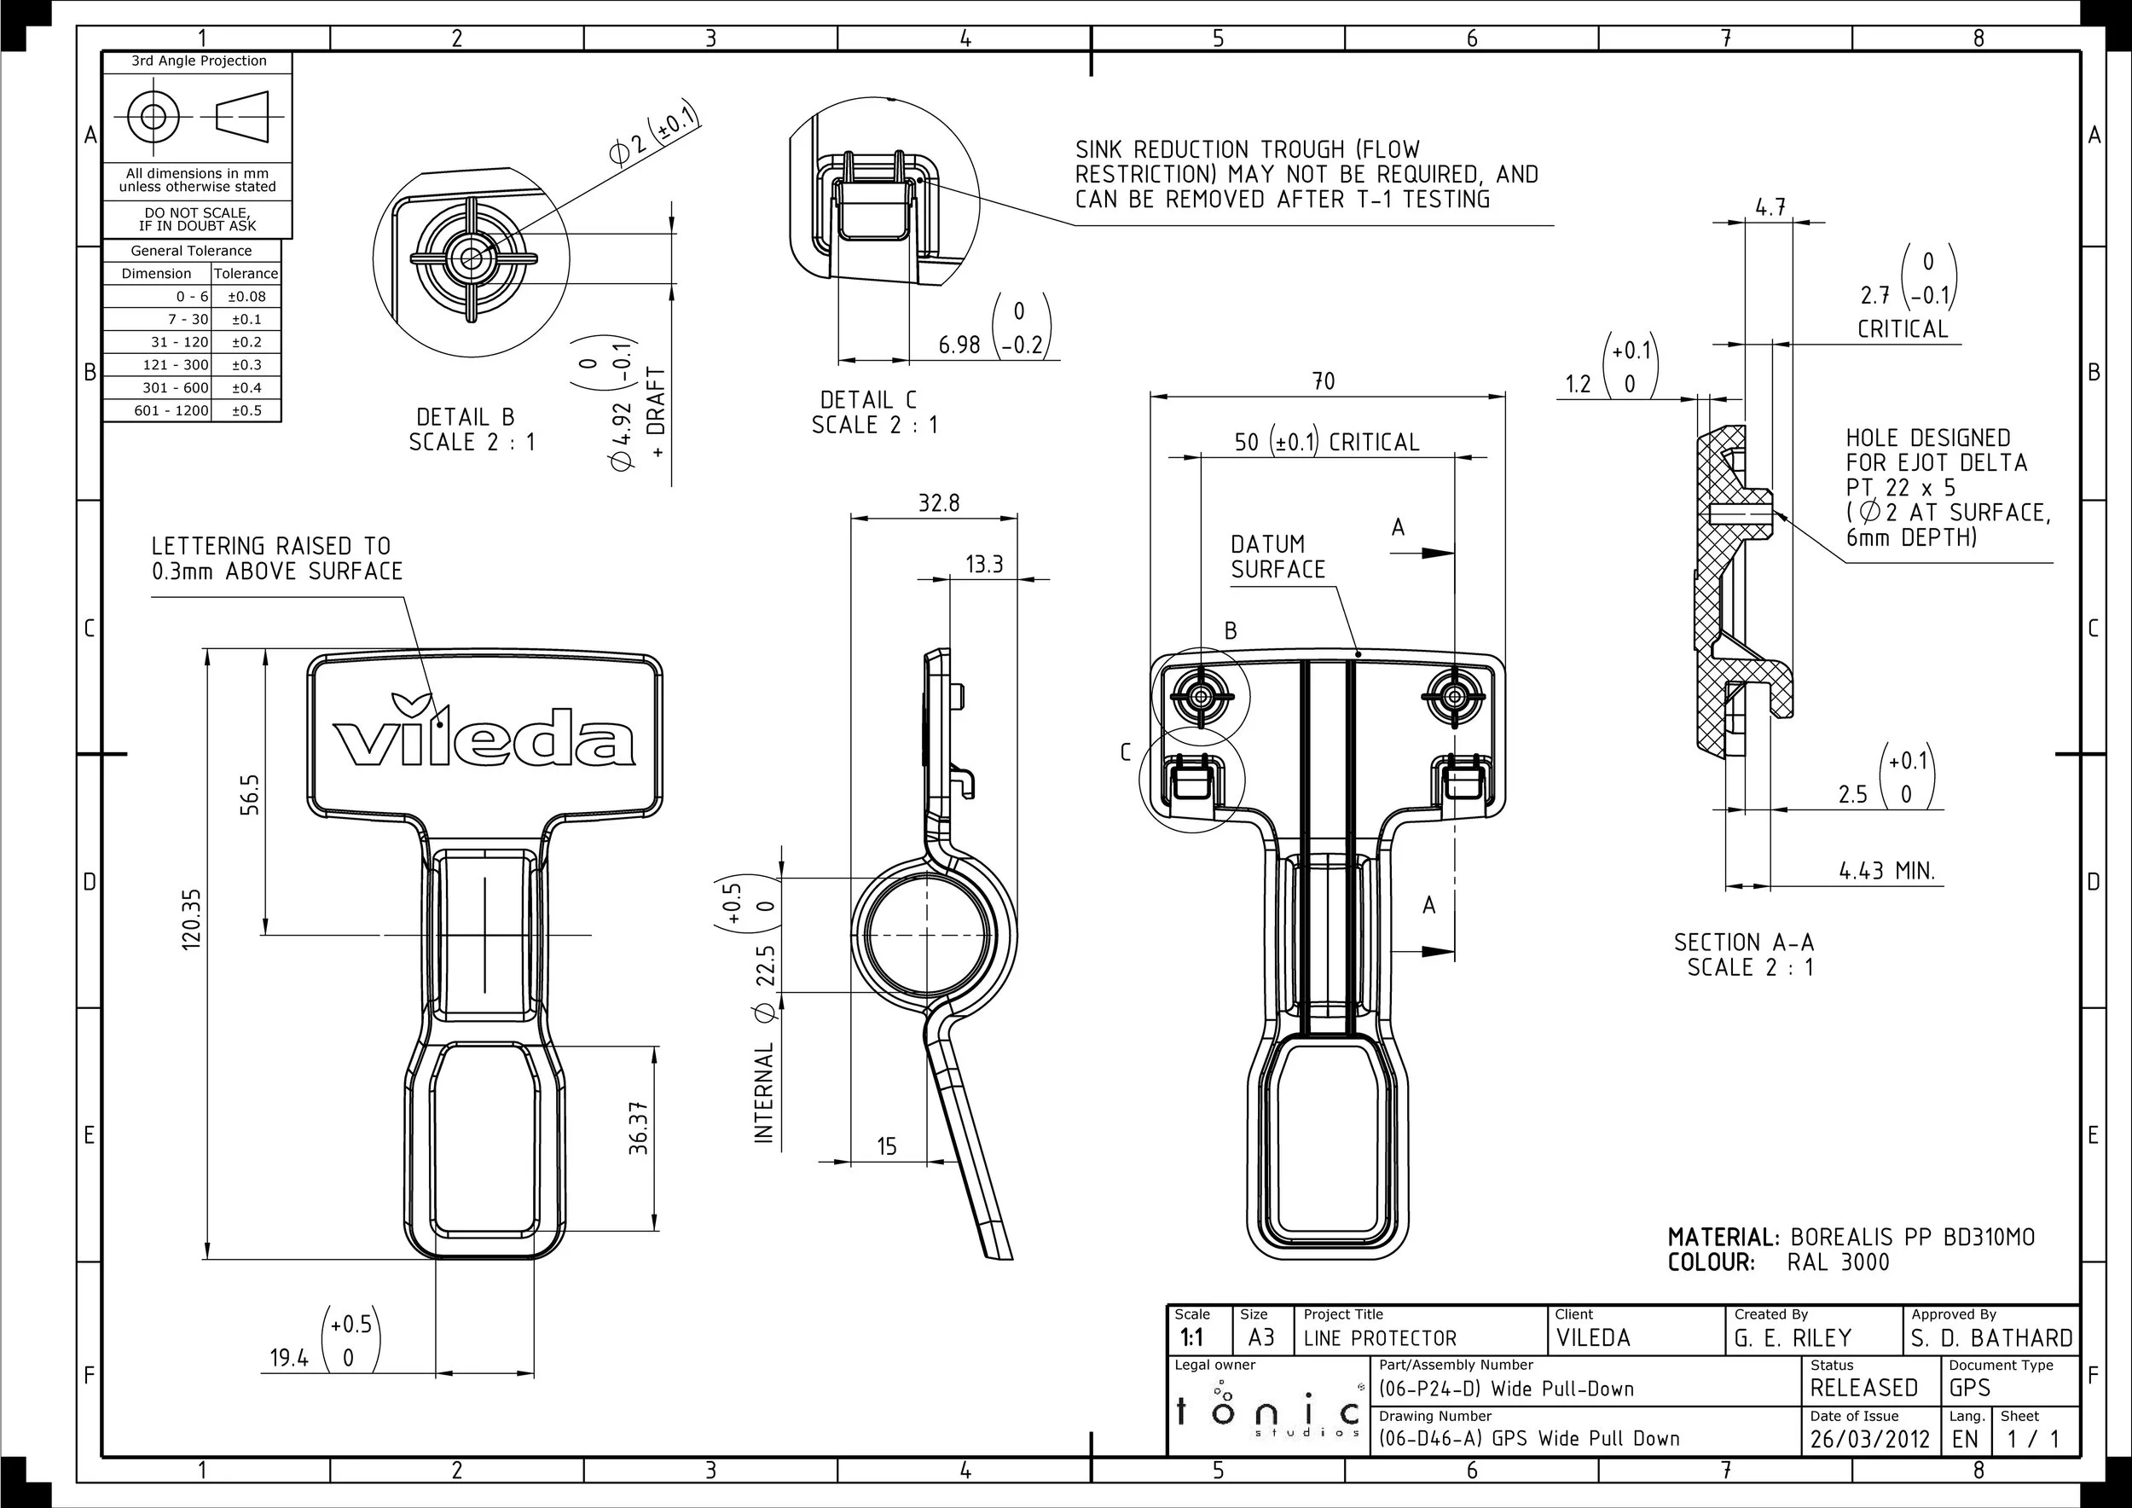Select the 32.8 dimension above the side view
pyautogui.click(x=938, y=503)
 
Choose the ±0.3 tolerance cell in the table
pyautogui.click(x=246, y=365)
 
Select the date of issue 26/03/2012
pyautogui.click(x=1869, y=1439)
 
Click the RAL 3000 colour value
pyautogui.click(x=1838, y=1263)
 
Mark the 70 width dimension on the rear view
pyautogui.click(x=1324, y=381)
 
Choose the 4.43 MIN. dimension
pyautogui.click(x=1887, y=871)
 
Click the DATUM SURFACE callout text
pyautogui.click(x=1277, y=556)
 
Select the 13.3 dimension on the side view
pyautogui.click(x=983, y=565)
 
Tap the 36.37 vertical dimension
pyautogui.click(x=639, y=1128)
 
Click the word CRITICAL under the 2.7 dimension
pyautogui.click(x=1902, y=328)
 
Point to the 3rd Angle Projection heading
pyautogui.click(x=199, y=61)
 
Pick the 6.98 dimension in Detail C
pyautogui.click(x=959, y=345)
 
